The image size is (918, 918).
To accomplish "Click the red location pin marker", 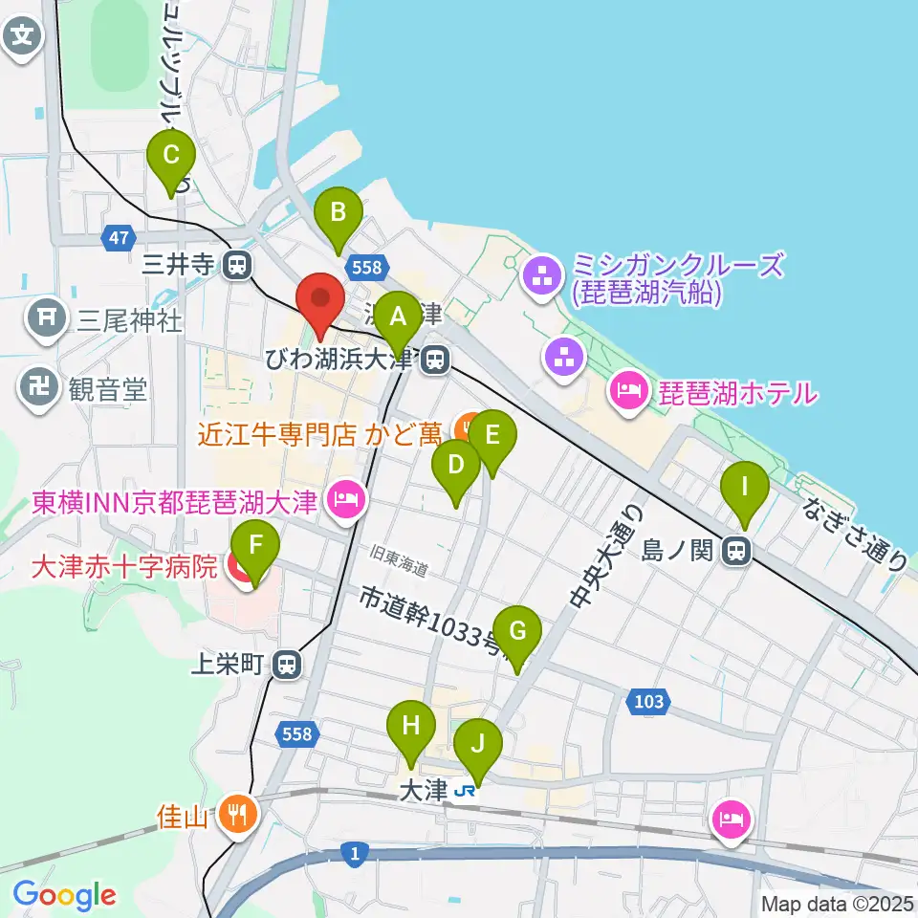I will [321, 303].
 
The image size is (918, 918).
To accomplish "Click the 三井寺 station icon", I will [236, 265].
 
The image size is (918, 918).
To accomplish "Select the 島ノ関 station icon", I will [735, 551].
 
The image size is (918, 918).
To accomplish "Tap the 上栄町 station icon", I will [286, 665].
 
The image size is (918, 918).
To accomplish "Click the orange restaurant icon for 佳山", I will [234, 815].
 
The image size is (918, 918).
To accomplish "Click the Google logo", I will [64, 894].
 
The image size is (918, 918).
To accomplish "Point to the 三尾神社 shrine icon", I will [46, 319].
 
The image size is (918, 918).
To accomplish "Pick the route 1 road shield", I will [355, 853].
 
